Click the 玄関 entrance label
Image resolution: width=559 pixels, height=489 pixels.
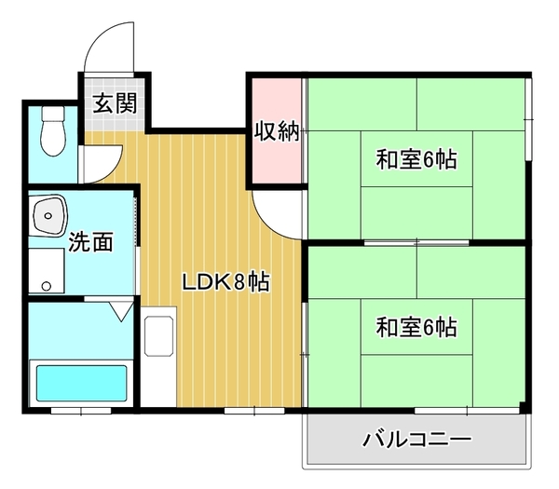115,102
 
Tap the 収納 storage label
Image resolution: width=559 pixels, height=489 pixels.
277,131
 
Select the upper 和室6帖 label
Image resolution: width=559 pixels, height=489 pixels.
416,160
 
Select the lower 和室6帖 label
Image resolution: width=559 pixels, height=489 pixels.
416,328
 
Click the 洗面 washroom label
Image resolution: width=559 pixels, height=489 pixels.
91,244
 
